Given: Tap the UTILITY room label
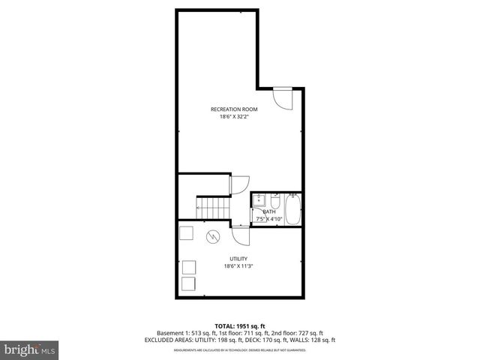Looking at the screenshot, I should (x=238, y=259).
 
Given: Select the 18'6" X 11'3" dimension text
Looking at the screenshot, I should (x=238, y=266).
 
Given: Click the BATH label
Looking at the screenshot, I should (x=269, y=211).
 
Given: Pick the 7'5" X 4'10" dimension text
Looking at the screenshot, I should (x=269, y=219).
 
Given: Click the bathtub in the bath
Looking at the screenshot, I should (x=292, y=209).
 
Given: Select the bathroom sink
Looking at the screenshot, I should (x=259, y=201).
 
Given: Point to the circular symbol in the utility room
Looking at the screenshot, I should (x=213, y=236).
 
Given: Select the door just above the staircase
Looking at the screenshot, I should (x=239, y=184).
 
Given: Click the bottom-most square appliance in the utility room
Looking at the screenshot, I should (x=188, y=284).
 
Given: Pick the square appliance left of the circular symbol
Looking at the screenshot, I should (x=186, y=232).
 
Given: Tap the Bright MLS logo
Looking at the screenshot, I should (x=28, y=349).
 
